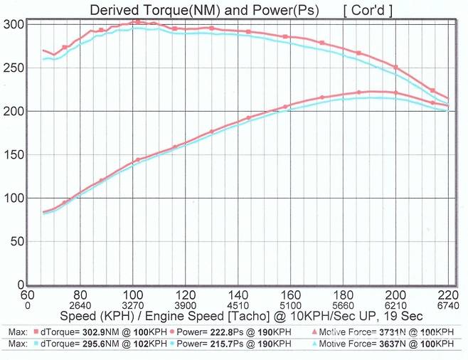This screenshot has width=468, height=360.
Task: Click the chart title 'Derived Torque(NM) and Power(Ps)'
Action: tap(203, 10)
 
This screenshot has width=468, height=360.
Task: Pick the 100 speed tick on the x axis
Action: tap(132, 295)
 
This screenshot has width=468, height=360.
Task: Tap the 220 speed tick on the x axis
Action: tap(448, 295)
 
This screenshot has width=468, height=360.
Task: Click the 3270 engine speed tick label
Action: tap(132, 305)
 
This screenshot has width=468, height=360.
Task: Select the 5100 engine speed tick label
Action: tap(290, 305)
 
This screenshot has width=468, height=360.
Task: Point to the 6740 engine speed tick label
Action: tap(448, 305)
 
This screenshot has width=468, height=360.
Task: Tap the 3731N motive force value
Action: tap(392, 332)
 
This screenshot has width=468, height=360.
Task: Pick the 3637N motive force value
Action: tap(392, 344)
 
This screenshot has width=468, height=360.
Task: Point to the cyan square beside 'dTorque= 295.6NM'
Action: tap(35, 344)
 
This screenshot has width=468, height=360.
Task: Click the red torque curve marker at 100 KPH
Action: tap(133, 22)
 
